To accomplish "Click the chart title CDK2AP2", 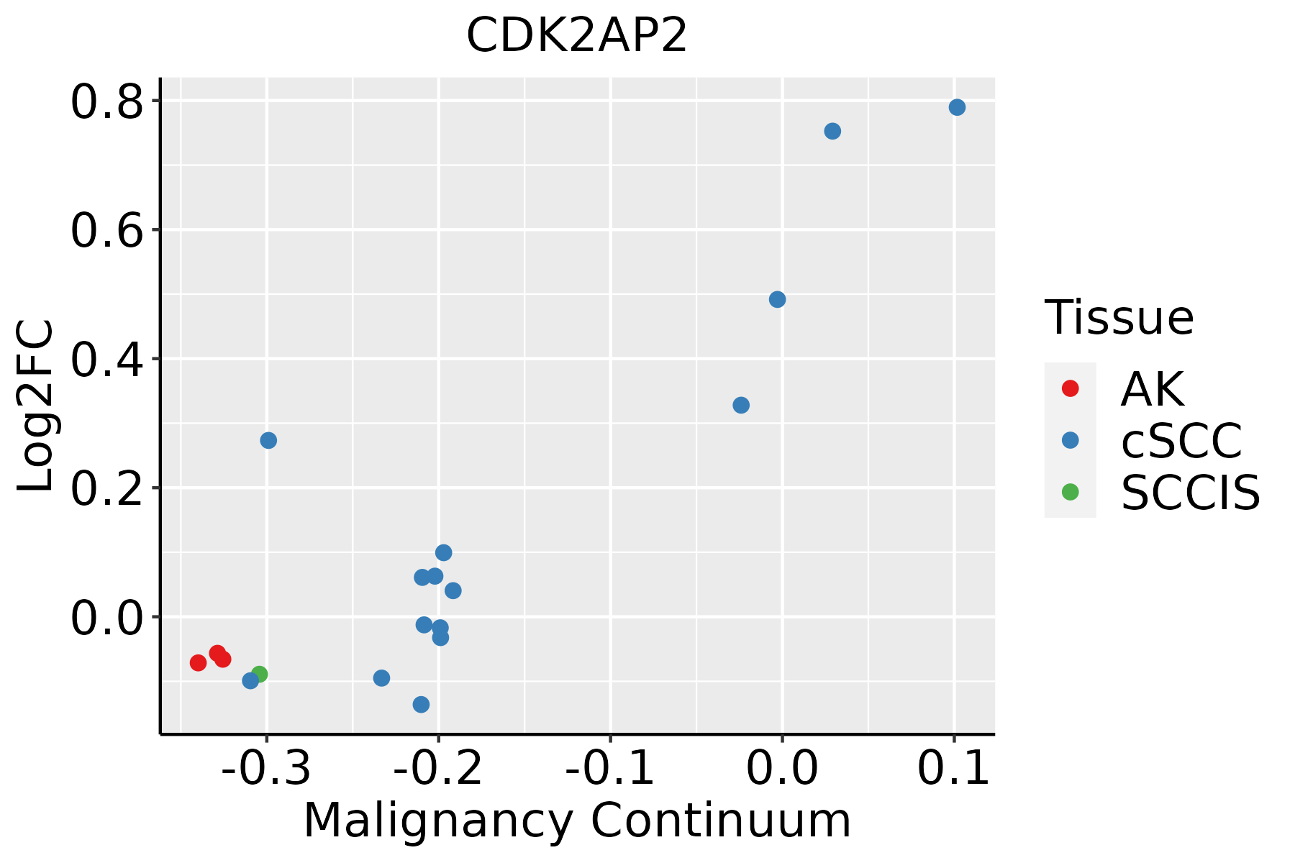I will click(x=577, y=36).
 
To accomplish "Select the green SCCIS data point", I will click(x=259, y=674).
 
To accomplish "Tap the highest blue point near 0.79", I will click(x=957, y=107).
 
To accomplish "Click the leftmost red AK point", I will click(x=199, y=662).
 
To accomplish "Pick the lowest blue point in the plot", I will click(x=422, y=704).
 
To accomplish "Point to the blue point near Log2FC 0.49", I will click(x=777, y=299).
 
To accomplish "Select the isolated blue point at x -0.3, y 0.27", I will click(x=268, y=440).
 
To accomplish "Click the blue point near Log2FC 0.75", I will click(x=832, y=131).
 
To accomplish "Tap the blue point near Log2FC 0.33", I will click(x=741, y=405).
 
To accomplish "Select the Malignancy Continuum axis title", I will click(x=577, y=821).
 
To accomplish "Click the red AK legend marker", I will click(x=1070, y=388).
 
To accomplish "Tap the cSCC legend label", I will click(x=1181, y=441).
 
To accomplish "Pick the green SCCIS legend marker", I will click(x=1070, y=492).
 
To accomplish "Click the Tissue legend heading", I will click(x=1119, y=317).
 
